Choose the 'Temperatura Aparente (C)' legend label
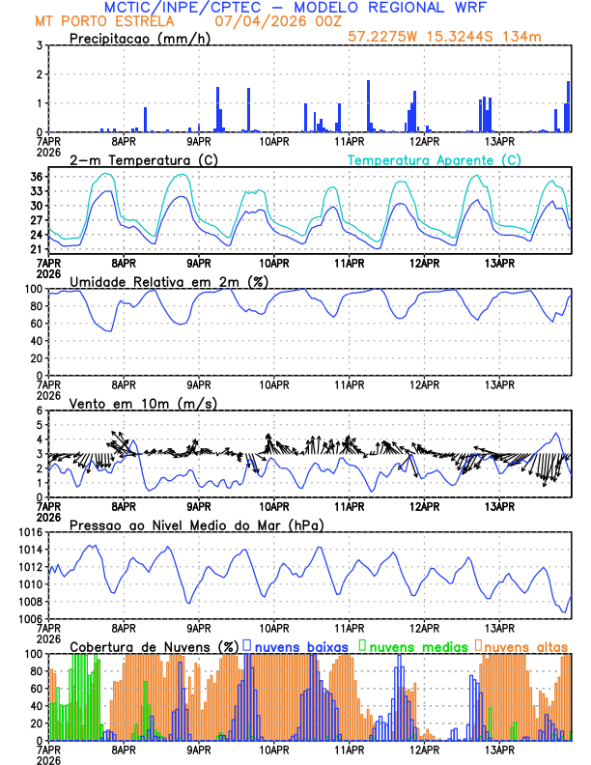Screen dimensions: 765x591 [x=435, y=159]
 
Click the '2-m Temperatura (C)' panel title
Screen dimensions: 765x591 [x=143, y=159]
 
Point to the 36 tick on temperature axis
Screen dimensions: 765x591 [x=36, y=177]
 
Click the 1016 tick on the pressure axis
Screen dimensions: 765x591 [x=29, y=532]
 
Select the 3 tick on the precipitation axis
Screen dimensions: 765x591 [x=40, y=45]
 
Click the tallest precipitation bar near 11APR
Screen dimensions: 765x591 [x=368, y=106]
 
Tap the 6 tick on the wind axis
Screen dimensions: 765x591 [x=40, y=411]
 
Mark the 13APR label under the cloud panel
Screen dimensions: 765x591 [x=499, y=748]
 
